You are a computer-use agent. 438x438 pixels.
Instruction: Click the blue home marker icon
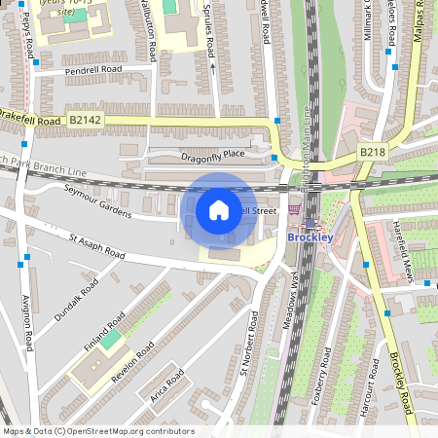219,209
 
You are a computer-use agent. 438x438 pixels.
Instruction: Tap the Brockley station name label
310,236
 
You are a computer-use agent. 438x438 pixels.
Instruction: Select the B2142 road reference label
84,120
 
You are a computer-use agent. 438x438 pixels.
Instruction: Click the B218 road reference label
372,152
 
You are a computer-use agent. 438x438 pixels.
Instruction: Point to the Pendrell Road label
92,70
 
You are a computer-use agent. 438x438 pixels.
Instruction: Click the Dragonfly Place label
213,155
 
